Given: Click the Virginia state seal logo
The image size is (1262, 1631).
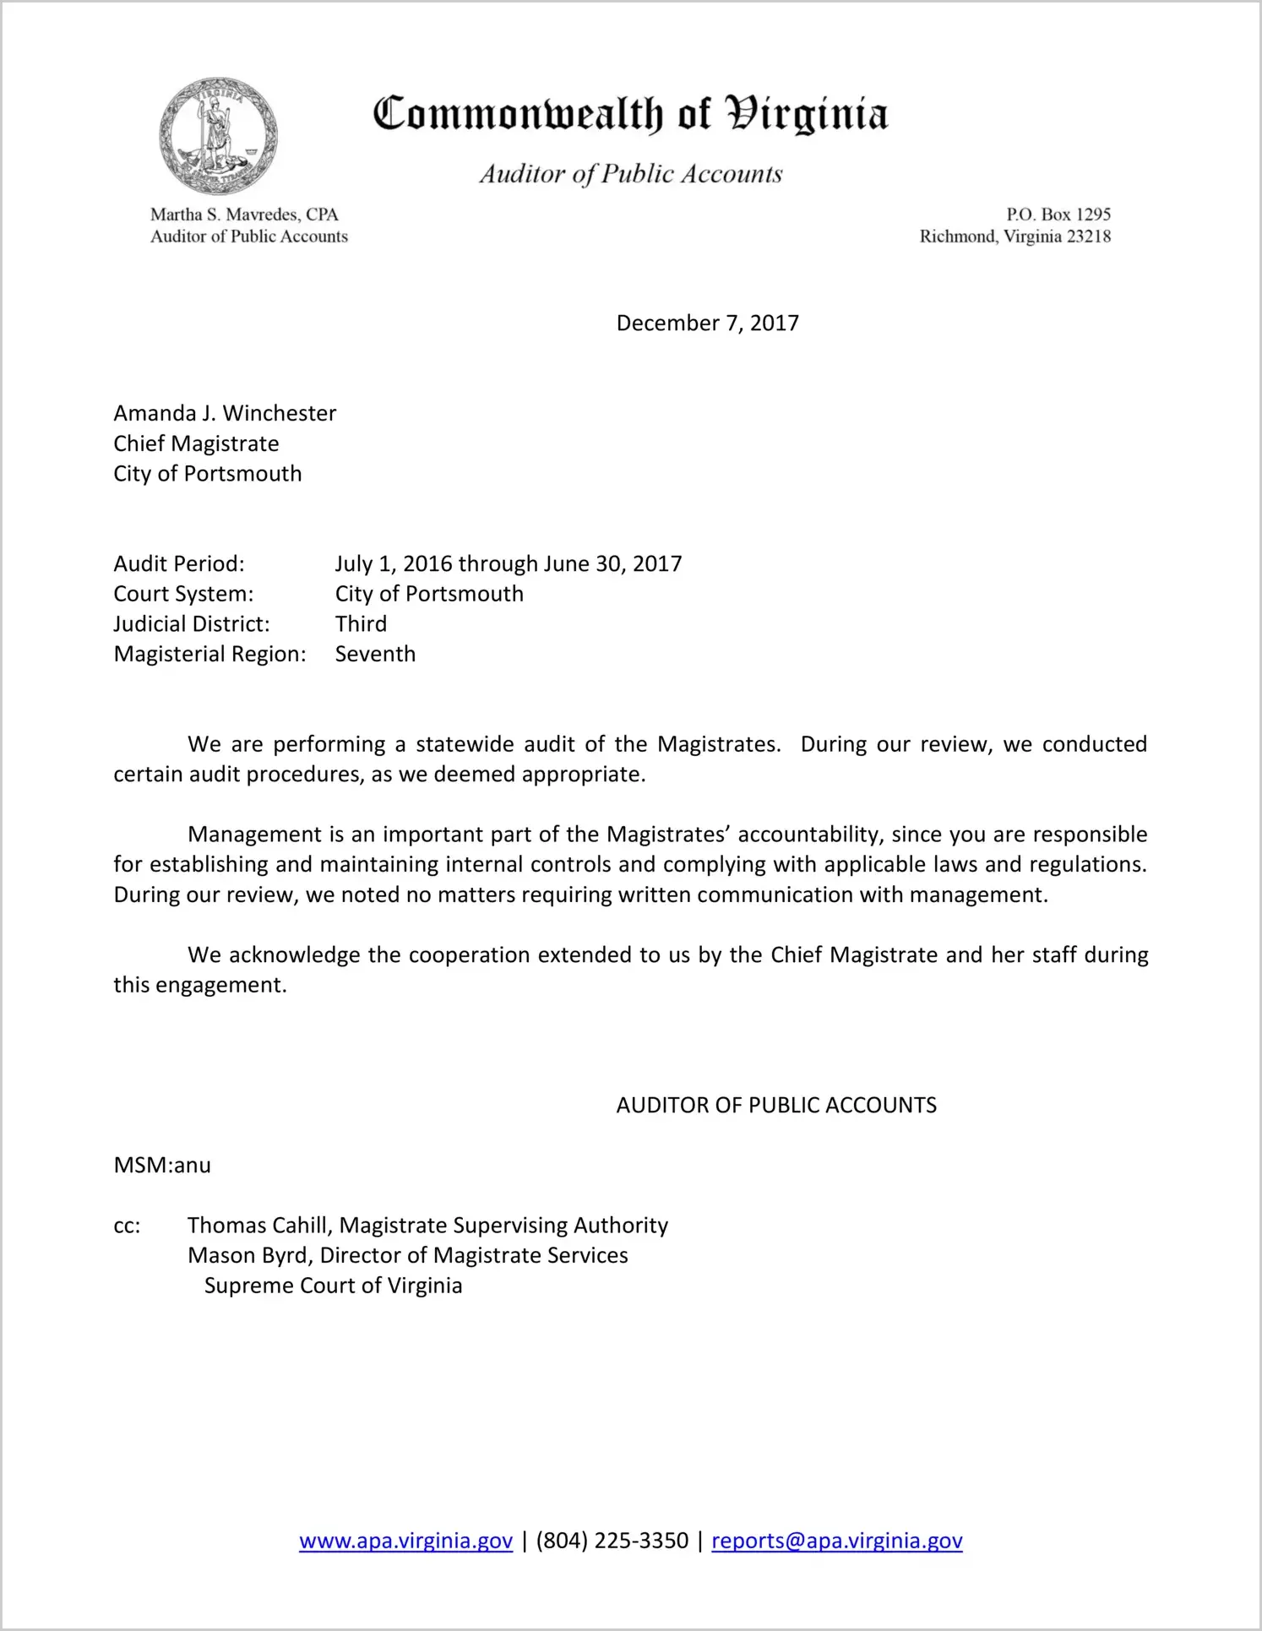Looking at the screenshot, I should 218,135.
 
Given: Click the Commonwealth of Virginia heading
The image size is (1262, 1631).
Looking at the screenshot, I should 630,114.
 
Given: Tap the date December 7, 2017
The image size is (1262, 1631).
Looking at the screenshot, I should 707,323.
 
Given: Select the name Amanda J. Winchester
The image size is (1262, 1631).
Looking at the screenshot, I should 225,413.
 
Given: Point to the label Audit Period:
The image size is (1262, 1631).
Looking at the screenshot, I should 179,563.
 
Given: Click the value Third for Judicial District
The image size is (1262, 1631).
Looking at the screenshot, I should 361,624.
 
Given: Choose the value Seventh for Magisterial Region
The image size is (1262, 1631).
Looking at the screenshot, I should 375,654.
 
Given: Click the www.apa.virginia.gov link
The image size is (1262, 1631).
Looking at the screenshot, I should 405,1541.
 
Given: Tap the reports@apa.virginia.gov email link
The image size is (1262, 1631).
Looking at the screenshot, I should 836,1541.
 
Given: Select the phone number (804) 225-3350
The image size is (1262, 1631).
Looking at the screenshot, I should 612,1541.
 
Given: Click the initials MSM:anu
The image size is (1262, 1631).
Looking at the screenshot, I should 162,1166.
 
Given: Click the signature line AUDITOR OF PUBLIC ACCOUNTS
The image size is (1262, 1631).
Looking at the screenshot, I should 776,1106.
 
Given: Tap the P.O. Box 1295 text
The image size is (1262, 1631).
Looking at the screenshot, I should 1058,215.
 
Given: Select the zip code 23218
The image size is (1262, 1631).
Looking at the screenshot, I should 1089,236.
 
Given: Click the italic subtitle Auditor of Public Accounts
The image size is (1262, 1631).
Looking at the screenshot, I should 630,174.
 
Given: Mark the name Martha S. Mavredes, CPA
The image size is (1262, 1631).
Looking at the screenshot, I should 244,215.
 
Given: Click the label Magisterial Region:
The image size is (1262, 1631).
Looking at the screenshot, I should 209,654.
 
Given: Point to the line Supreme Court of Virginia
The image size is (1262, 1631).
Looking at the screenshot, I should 333,1286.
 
